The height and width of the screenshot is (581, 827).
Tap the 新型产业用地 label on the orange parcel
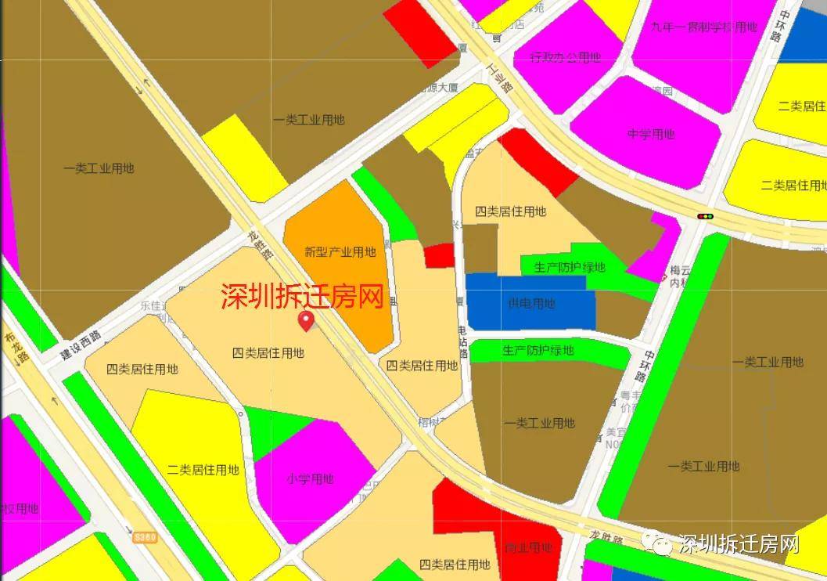(340, 252)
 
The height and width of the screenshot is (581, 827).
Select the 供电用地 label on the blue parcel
(531, 304)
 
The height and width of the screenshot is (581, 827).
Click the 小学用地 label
(310, 479)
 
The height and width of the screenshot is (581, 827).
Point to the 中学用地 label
(651, 134)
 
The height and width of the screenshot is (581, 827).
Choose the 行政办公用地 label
(565, 57)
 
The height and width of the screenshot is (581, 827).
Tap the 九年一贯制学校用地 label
(704, 27)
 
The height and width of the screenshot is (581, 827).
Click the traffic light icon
(706, 216)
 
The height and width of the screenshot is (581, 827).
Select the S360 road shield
(146, 537)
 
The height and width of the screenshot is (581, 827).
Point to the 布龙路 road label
(17, 350)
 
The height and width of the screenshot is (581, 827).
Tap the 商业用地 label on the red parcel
(529, 547)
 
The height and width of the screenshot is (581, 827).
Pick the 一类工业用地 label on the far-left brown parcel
(99, 168)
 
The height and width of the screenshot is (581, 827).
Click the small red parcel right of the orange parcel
(440, 255)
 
